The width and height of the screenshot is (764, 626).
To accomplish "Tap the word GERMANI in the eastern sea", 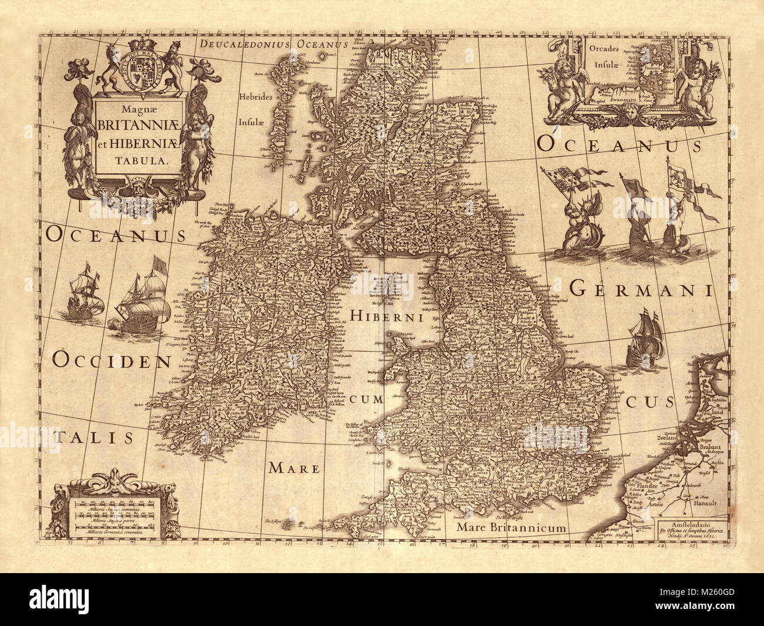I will [641, 289].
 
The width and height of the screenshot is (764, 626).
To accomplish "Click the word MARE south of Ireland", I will [294, 468].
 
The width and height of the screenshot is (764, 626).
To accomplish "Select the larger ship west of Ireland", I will [141, 300].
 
